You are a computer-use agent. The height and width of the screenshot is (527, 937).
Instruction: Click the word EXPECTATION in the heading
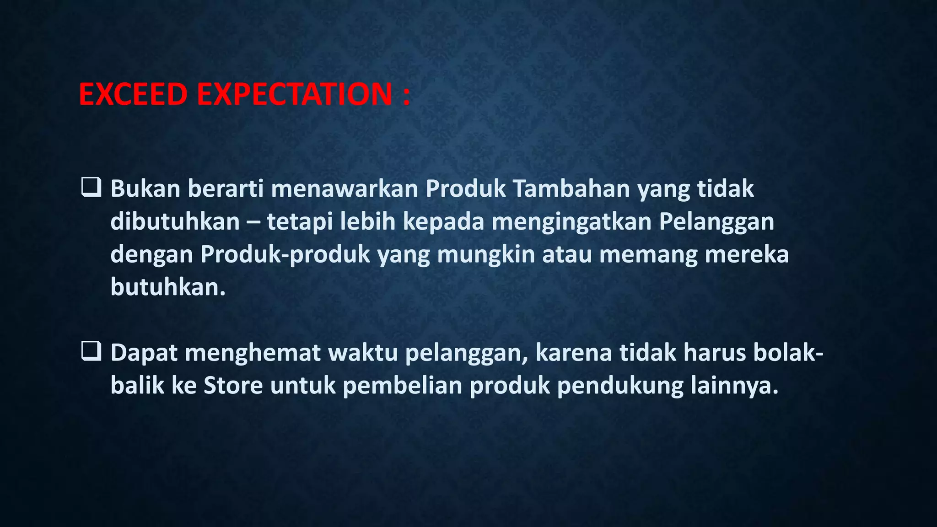pyautogui.click(x=294, y=94)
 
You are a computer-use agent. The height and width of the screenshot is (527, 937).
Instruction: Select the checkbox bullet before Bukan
pyautogui.click(x=91, y=188)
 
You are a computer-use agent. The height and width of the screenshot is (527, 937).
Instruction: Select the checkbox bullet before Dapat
pyautogui.click(x=91, y=352)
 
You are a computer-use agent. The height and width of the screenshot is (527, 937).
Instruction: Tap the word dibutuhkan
pyautogui.click(x=175, y=221)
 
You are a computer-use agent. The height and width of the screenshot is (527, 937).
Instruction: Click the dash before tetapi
pyautogui.click(x=253, y=222)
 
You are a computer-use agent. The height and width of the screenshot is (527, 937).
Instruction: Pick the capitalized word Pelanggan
pyautogui.click(x=716, y=221)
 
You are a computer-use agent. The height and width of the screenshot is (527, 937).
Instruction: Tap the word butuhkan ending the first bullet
pyautogui.click(x=168, y=287)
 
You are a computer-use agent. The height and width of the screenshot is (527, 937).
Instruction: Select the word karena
pyautogui.click(x=573, y=353)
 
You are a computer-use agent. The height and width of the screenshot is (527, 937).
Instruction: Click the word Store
pyautogui.click(x=233, y=386)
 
